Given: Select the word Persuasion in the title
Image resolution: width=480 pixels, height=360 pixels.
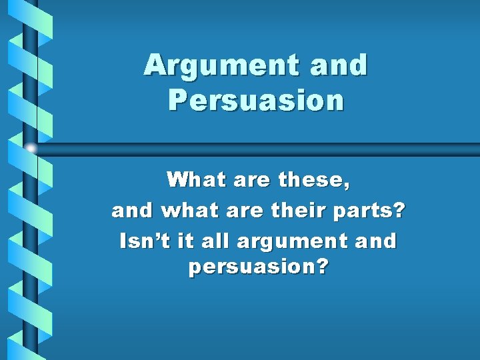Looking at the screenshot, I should [256, 100].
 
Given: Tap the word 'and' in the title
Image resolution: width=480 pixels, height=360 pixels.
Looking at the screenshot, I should [341, 65].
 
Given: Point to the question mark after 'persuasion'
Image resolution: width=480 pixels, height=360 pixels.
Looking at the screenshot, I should [322, 267].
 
